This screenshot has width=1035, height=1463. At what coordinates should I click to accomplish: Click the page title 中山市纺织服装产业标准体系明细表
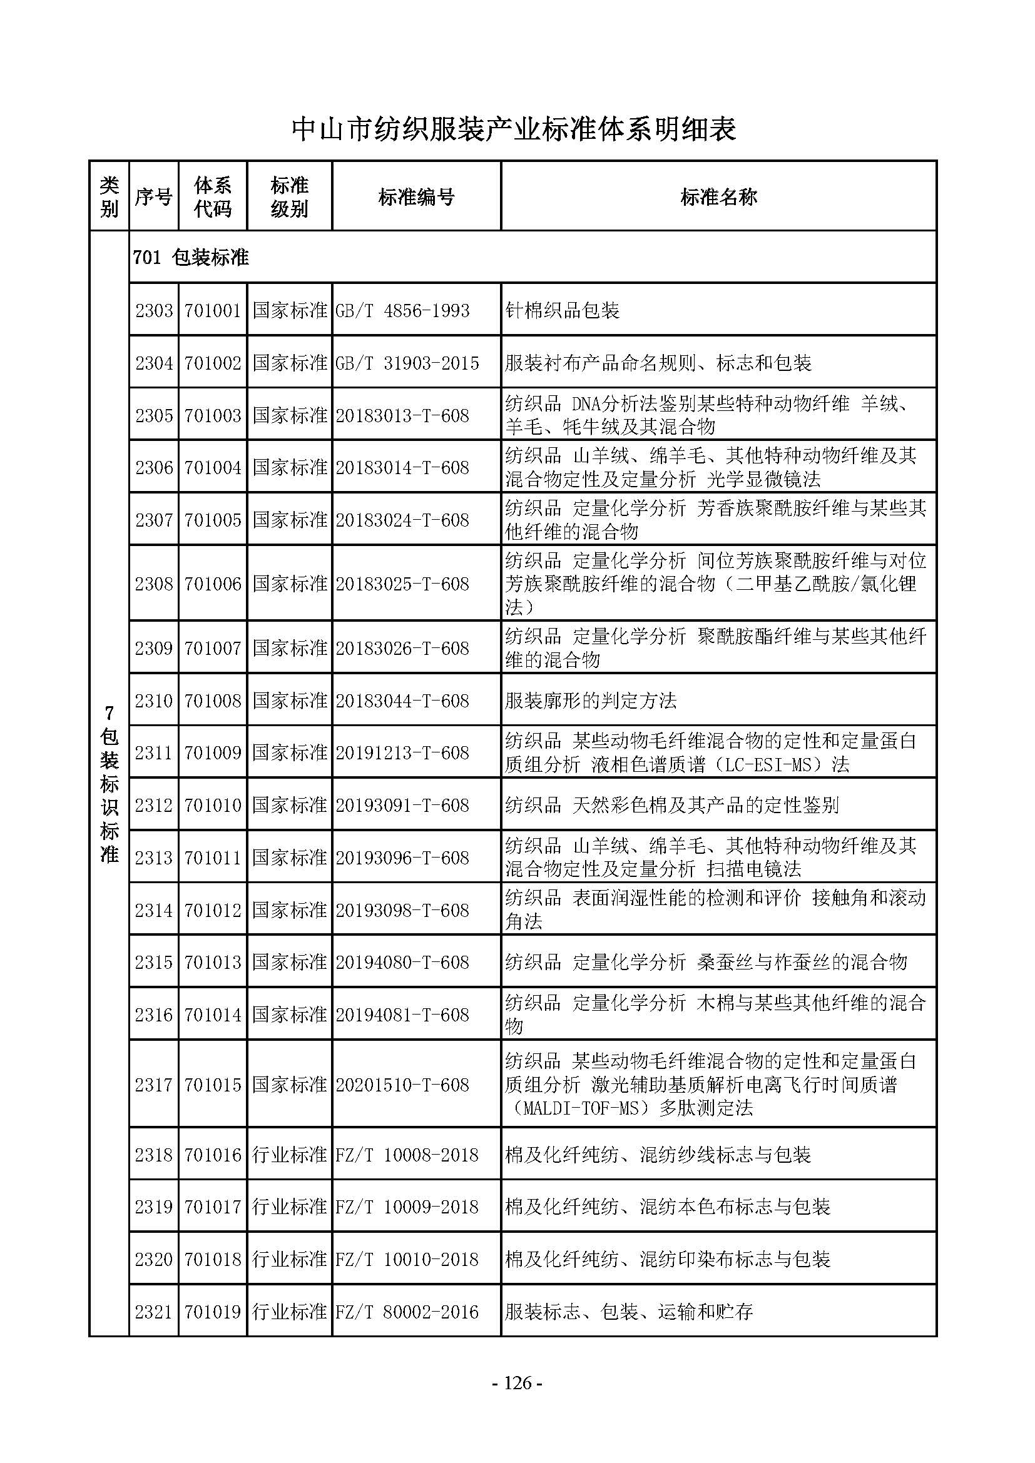coord(514,130)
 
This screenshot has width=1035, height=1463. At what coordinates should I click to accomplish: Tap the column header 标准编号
coord(416,197)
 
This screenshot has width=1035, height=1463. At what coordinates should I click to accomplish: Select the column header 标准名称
coord(718,197)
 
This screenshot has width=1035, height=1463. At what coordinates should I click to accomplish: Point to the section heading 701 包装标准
coord(191,258)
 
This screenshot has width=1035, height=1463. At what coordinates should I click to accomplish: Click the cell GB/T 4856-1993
coord(402,311)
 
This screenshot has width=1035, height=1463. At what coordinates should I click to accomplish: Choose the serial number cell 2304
coord(153,363)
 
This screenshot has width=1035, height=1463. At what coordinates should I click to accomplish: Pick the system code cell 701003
coord(213,415)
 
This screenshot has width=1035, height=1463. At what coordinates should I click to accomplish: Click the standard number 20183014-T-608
coord(402,468)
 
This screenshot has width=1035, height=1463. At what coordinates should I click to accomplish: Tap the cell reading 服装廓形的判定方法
coord(590,701)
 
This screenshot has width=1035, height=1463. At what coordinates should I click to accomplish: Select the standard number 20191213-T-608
coord(402,753)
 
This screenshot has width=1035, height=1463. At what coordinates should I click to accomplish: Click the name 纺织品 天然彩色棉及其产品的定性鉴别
coord(671,806)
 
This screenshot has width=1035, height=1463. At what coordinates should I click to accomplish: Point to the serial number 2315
coord(153,962)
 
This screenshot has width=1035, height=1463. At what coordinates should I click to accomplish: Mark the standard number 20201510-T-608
coord(402,1085)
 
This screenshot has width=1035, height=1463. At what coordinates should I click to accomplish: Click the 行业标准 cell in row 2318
coord(289,1155)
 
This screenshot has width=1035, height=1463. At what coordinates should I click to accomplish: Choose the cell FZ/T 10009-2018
coord(407,1207)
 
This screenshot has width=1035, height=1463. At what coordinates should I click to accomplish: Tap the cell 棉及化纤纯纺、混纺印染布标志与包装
coord(667,1259)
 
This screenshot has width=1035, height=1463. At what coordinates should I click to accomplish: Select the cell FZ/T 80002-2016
coord(407,1312)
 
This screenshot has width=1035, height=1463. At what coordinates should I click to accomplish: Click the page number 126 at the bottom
coord(517,1382)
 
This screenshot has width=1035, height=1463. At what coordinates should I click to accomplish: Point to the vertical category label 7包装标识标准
coord(109,784)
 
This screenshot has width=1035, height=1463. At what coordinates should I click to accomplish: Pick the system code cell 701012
coord(213,910)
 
